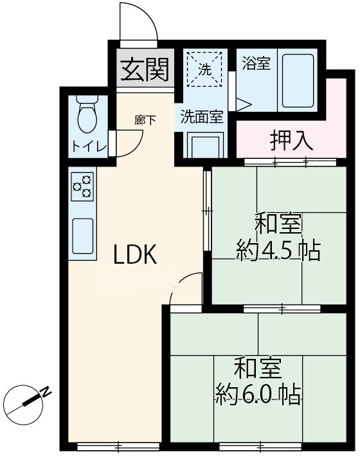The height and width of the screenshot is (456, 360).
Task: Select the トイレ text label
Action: pos(88,146)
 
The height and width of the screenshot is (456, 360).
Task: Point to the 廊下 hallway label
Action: pos(145,120)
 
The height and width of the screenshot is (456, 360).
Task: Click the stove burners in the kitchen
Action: pos(82,187)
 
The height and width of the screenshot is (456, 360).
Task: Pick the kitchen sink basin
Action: pos(82,236)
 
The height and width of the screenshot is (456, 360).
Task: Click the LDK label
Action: pos(135,256)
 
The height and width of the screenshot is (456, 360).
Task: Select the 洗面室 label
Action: pos(201,117)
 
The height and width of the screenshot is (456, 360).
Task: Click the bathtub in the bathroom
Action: pos(297,82)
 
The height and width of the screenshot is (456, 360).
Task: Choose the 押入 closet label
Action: pos(291,140)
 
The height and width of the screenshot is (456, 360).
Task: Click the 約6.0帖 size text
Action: pos(258,394)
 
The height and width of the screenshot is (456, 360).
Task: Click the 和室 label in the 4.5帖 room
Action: pos(278,225)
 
